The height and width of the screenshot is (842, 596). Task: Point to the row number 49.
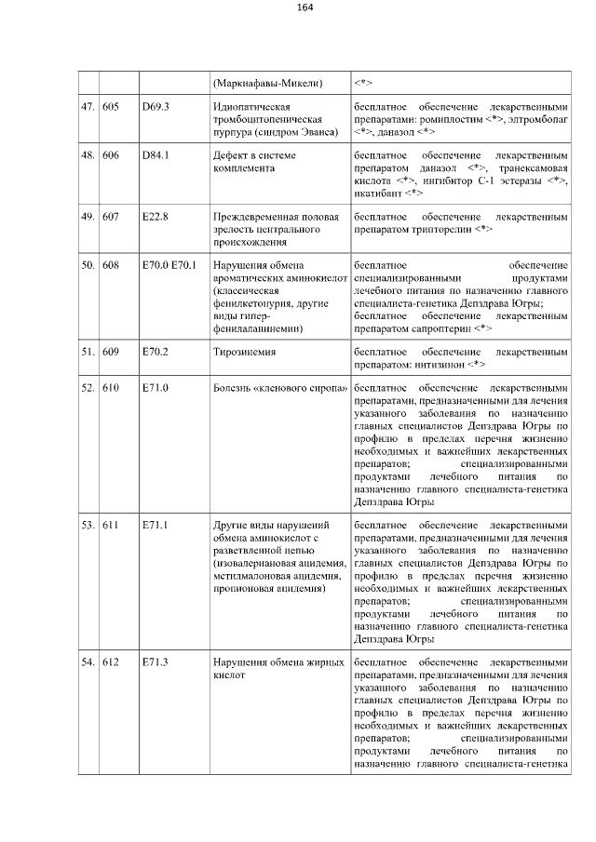88,217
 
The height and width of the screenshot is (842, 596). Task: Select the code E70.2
155,354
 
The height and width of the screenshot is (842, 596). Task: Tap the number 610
111,387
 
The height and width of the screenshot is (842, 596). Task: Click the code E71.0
155,387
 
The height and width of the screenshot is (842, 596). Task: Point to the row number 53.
88,526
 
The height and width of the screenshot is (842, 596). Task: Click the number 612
111,663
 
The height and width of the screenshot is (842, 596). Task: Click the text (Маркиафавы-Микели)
267,85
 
